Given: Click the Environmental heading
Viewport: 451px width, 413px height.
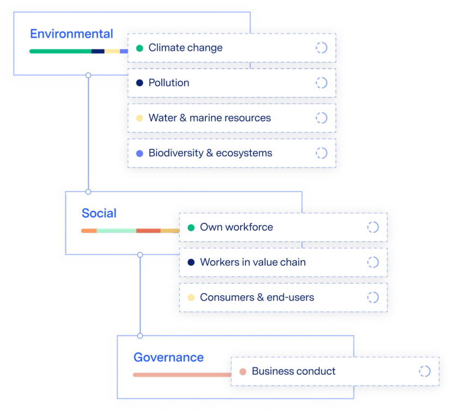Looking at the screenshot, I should (71, 33).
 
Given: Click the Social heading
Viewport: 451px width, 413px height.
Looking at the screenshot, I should (99, 213).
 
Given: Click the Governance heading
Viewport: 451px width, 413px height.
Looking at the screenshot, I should (168, 357).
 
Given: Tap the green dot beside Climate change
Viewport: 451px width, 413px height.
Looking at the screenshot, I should (139, 48).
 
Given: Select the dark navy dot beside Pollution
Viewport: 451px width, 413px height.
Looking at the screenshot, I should (139, 83).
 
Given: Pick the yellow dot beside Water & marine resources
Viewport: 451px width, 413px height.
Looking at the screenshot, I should (139, 118).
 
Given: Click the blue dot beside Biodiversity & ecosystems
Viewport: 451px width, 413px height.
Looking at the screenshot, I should (139, 153).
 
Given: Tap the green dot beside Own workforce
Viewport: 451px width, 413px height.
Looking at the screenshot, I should (191, 228).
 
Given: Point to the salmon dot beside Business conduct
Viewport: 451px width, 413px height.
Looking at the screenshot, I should (243, 372).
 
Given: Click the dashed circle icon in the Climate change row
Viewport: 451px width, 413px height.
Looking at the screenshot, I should (321, 48).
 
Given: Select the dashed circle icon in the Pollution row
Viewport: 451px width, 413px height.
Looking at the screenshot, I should (321, 83).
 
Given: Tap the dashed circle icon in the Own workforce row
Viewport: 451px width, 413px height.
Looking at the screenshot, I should (373, 227).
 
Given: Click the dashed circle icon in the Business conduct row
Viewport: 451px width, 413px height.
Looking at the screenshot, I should (424, 372).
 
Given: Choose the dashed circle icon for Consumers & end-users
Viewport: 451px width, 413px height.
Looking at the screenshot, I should (373, 297).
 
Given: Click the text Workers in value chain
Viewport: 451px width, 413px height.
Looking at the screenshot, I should (253, 262).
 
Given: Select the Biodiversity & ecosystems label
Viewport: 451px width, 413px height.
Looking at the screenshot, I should (210, 153).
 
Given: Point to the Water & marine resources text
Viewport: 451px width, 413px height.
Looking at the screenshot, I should (210, 118).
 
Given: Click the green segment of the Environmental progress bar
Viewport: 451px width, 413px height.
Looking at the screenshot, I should (60, 52).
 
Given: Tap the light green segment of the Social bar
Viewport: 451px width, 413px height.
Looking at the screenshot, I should (116, 230).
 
